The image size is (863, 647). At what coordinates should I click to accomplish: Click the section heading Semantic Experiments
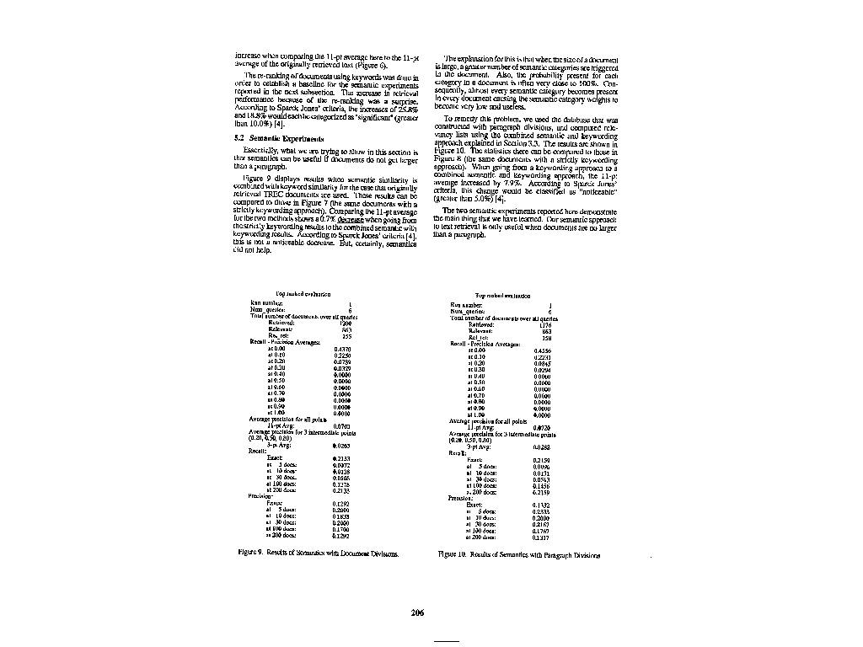tap(268, 137)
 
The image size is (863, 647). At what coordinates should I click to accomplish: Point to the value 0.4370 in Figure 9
tap(342, 348)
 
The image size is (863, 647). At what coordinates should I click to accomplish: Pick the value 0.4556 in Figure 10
tap(543, 350)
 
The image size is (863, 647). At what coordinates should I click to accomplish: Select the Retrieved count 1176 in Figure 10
tap(544, 324)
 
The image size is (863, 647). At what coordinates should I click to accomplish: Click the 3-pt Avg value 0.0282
tap(542, 446)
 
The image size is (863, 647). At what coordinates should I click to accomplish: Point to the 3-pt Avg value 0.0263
tap(342, 444)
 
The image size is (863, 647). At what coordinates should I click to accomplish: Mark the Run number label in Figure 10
tap(465, 304)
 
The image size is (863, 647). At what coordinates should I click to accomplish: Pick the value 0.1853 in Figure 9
tap(342, 516)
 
